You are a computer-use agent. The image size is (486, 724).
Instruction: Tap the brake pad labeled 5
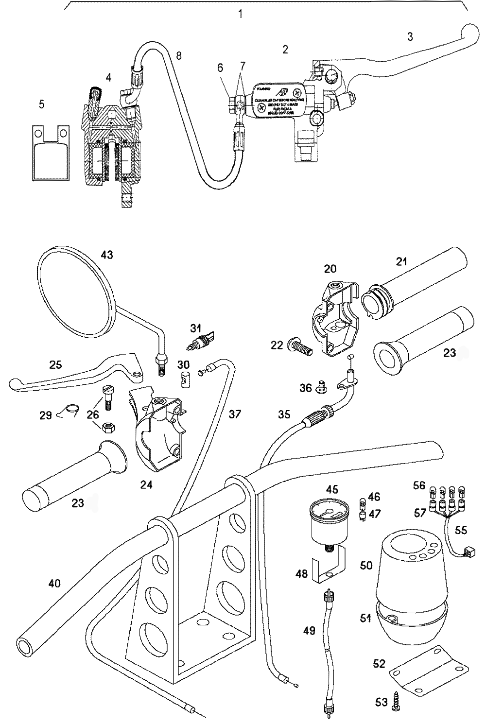(51, 153)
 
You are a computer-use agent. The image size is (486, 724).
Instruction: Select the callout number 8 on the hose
(179, 55)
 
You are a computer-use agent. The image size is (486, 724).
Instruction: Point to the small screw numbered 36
(320, 387)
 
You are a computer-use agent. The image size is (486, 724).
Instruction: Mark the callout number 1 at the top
(240, 14)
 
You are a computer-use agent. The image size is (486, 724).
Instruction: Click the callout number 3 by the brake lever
(410, 37)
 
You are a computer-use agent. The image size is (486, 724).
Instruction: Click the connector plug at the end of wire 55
(469, 552)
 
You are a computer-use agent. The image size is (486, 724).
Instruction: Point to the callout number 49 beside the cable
(309, 631)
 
